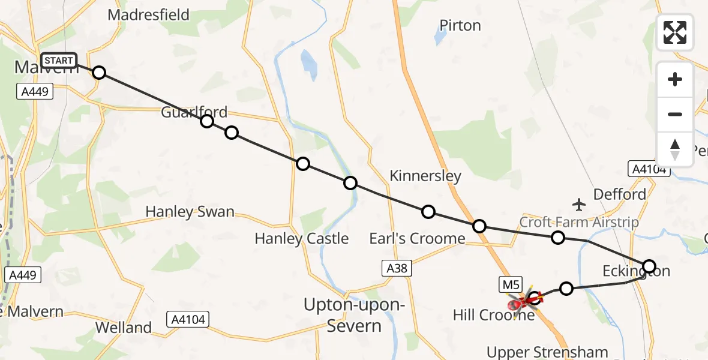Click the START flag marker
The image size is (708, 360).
[59, 61]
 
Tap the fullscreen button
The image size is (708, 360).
[675, 32]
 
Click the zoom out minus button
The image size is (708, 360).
[675, 114]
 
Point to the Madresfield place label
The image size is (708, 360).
[148, 15]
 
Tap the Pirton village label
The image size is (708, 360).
[460, 26]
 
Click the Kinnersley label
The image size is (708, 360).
[425, 176]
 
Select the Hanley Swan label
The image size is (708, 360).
[190, 212]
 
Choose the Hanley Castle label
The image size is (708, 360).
[301, 238]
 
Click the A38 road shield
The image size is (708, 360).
[397, 268]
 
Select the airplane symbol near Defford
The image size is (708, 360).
[579, 205]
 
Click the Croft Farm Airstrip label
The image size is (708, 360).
[579, 222]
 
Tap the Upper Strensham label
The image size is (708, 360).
[547, 352]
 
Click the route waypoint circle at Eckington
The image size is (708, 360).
[649, 266]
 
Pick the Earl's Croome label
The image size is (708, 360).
[417, 238]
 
